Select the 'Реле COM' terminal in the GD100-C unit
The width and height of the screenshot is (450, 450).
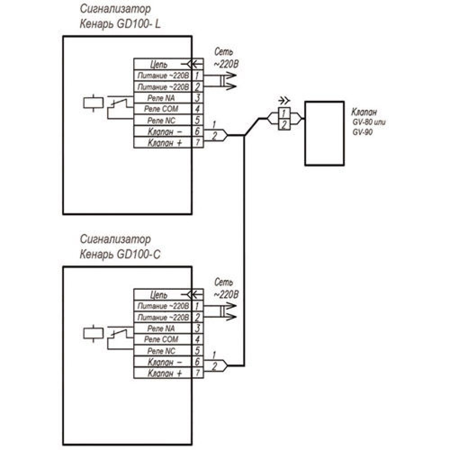pos(163,339)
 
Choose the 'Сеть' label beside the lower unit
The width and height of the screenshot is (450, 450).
pos(224,283)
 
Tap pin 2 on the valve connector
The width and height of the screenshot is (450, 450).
pos(284,125)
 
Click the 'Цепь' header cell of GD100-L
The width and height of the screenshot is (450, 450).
pos(159,64)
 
